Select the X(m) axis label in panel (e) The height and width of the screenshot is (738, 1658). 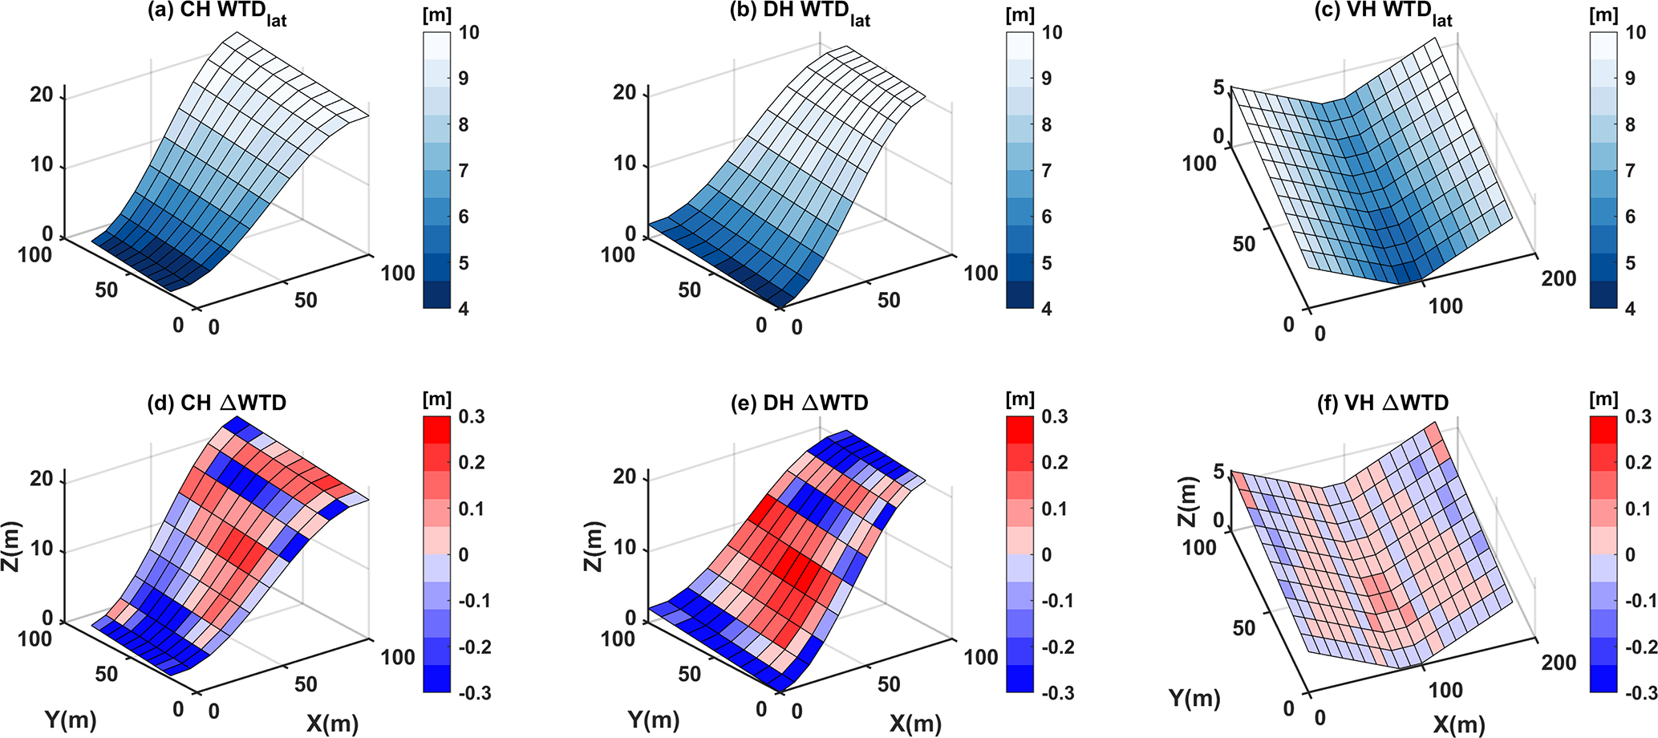[x=915, y=724]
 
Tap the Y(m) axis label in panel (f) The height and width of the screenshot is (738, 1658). [x=1194, y=699]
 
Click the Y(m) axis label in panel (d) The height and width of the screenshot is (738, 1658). [x=71, y=720]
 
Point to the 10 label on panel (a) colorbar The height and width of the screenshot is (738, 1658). [x=469, y=33]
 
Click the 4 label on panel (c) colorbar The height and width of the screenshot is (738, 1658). [x=1629, y=309]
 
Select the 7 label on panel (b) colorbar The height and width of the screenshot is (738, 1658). [x=1046, y=171]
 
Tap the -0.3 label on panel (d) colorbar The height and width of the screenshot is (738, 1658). [x=472, y=693]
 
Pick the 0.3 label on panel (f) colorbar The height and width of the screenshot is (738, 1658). [x=1638, y=416]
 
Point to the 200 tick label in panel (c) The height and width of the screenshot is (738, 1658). [x=1559, y=278]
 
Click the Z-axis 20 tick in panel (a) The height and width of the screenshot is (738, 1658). [x=41, y=95]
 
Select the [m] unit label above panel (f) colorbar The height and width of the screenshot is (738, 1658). [x=1603, y=398]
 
